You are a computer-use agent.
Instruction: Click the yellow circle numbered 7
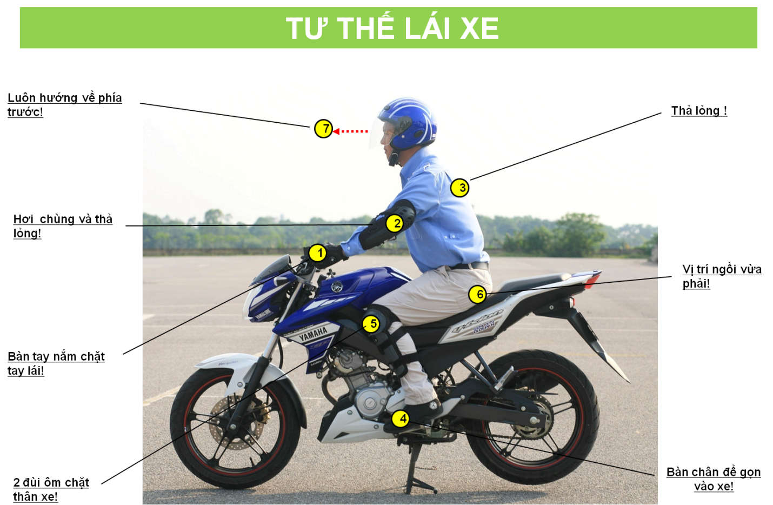point(323,129)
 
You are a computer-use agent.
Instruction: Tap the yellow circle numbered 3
point(459,188)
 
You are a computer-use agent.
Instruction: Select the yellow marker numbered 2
point(395,223)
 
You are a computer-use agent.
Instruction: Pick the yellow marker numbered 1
point(317,253)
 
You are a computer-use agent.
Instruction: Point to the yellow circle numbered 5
point(371,324)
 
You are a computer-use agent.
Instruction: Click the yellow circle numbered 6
point(478,295)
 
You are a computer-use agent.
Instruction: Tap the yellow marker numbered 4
point(401,418)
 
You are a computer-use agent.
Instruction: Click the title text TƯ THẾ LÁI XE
point(392,28)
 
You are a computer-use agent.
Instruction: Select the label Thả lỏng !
point(699,111)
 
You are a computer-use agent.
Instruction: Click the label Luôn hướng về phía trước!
point(64,105)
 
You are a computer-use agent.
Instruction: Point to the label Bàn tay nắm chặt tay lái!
point(56,363)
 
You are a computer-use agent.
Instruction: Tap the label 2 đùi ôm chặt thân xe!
point(51,489)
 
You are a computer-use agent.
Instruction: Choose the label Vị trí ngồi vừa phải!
point(722,276)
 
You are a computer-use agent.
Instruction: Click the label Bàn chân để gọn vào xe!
point(714,479)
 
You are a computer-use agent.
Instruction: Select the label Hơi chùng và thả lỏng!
point(63,226)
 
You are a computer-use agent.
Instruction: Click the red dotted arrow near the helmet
point(350,131)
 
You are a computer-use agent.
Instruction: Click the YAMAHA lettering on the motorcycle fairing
point(312,334)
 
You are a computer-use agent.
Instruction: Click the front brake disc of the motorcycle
point(237,424)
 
